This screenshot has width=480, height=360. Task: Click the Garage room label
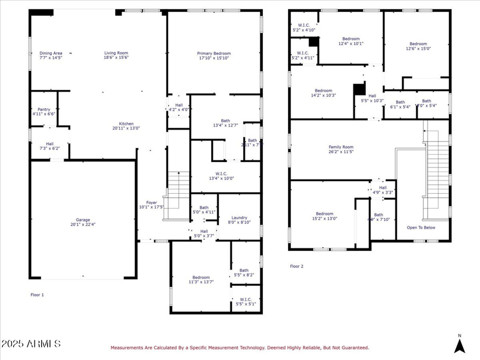82,222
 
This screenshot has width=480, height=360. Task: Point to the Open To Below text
421,227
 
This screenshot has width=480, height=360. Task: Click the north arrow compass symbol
460,344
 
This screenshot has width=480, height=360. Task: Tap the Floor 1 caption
37,295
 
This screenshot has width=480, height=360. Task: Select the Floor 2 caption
297,266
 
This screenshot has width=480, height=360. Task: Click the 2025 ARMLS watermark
31,344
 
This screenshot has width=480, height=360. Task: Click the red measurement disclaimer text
239,347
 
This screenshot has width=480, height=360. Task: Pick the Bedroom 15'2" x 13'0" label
325,216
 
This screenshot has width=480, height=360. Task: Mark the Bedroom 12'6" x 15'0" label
418,46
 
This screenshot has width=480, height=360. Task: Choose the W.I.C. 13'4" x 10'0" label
224,176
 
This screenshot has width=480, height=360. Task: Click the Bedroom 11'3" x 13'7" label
201,279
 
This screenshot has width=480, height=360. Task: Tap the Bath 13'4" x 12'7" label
225,122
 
